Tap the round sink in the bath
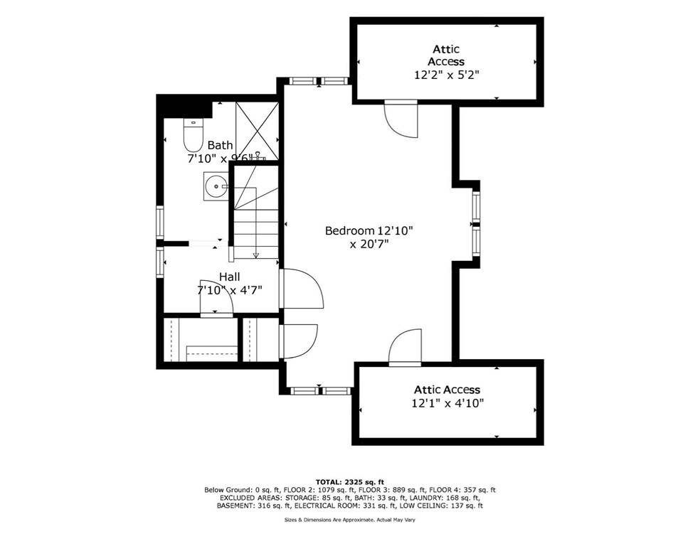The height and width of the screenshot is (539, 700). point(215,186)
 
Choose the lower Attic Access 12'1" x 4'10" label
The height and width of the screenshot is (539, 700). point(447,396)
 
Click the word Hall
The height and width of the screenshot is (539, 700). point(229,277)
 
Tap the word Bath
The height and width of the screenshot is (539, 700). point(220,145)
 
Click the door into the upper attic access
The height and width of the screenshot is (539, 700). point(401,118)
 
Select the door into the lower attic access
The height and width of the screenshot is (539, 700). point(405,349)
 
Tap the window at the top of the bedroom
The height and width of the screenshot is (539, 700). point(319,81)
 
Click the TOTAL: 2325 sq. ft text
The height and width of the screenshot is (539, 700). point(350,482)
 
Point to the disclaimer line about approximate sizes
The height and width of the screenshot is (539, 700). point(350,521)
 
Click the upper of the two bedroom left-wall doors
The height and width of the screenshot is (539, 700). point(301,289)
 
